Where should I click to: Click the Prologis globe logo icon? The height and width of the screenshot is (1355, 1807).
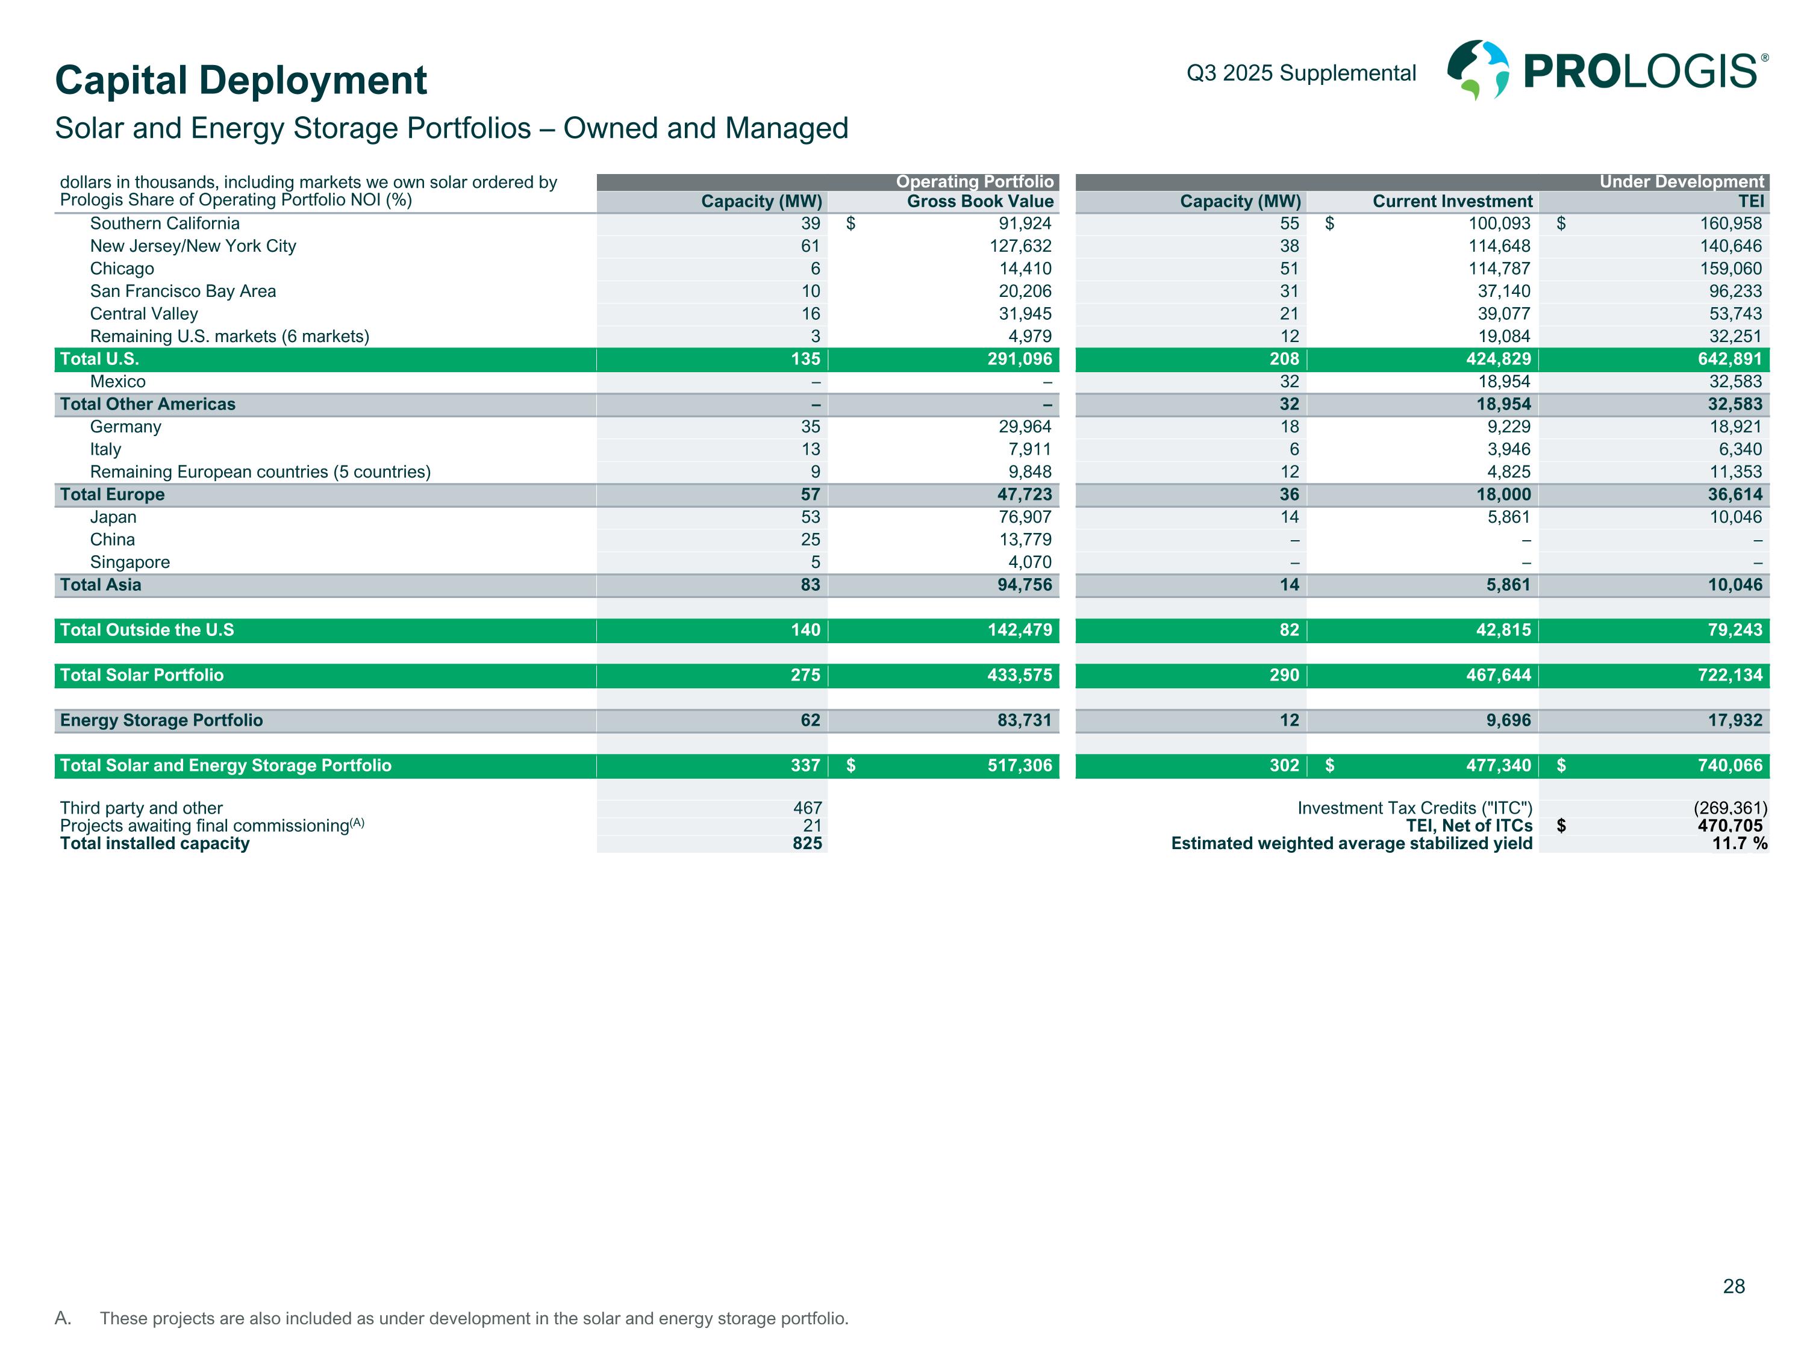click(1478, 70)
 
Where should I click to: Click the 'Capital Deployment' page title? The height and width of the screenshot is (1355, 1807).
click(241, 80)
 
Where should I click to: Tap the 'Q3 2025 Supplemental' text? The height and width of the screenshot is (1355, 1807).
click(1300, 73)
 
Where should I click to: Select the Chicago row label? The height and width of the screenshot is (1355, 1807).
click(122, 269)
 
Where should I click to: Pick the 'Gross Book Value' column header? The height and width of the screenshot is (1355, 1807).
click(979, 202)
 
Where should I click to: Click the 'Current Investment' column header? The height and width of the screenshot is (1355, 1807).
click(1452, 202)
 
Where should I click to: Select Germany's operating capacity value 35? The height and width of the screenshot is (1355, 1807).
click(810, 427)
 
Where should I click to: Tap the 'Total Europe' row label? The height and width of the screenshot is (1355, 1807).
click(112, 495)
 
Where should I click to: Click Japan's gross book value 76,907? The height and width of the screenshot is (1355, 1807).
click(1025, 517)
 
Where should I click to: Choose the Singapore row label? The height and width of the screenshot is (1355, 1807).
click(130, 562)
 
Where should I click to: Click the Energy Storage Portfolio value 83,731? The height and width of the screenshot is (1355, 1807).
click(1025, 720)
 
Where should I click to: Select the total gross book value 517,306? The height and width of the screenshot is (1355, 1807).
click(1020, 765)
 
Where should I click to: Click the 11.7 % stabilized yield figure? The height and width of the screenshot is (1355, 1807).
click(1739, 844)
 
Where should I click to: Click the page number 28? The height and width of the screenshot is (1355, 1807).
click(1734, 1286)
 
